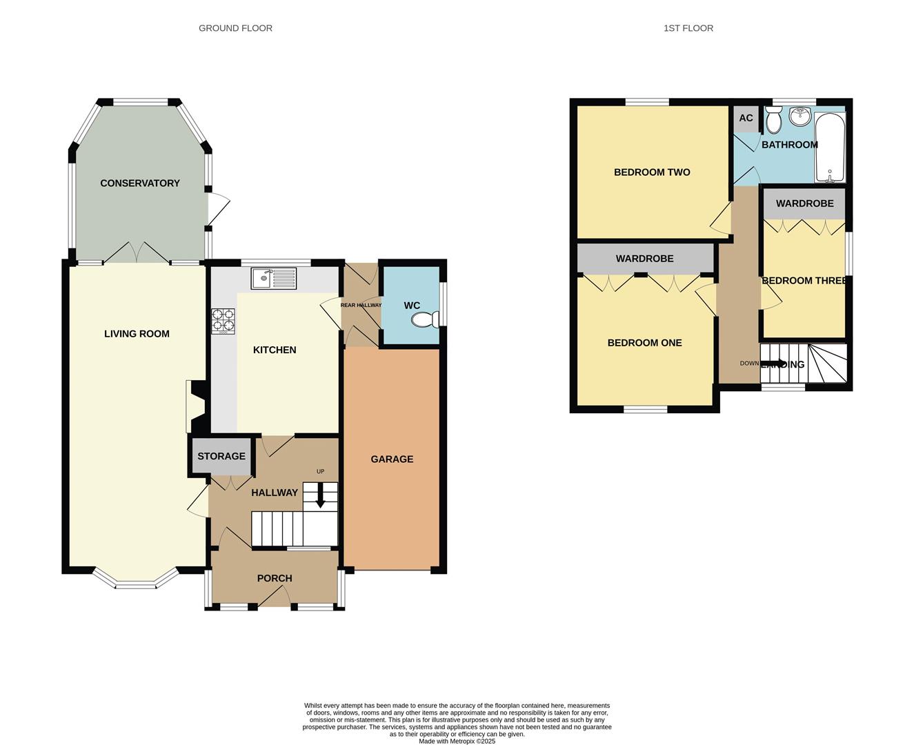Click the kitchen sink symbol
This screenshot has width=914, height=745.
(x=273, y=278)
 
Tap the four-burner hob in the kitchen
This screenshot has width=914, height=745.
(x=223, y=321)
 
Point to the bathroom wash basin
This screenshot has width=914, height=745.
(x=800, y=117)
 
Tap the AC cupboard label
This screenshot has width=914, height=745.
(x=746, y=118)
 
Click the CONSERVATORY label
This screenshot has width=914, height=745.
(x=140, y=183)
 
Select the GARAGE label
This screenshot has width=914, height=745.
(x=392, y=459)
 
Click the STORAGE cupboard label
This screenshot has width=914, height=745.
(x=221, y=456)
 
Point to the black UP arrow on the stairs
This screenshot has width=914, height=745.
(x=320, y=496)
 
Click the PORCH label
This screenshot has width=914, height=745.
(x=275, y=578)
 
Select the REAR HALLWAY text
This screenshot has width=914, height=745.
(x=361, y=305)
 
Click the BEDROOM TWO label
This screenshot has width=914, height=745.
(x=652, y=172)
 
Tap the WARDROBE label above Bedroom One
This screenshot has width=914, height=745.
(x=644, y=259)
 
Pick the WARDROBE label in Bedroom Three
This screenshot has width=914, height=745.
(x=804, y=203)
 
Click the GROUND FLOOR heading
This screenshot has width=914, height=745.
(x=235, y=28)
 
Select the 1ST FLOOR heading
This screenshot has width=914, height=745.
(x=688, y=28)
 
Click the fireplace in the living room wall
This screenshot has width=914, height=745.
(x=193, y=407)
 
